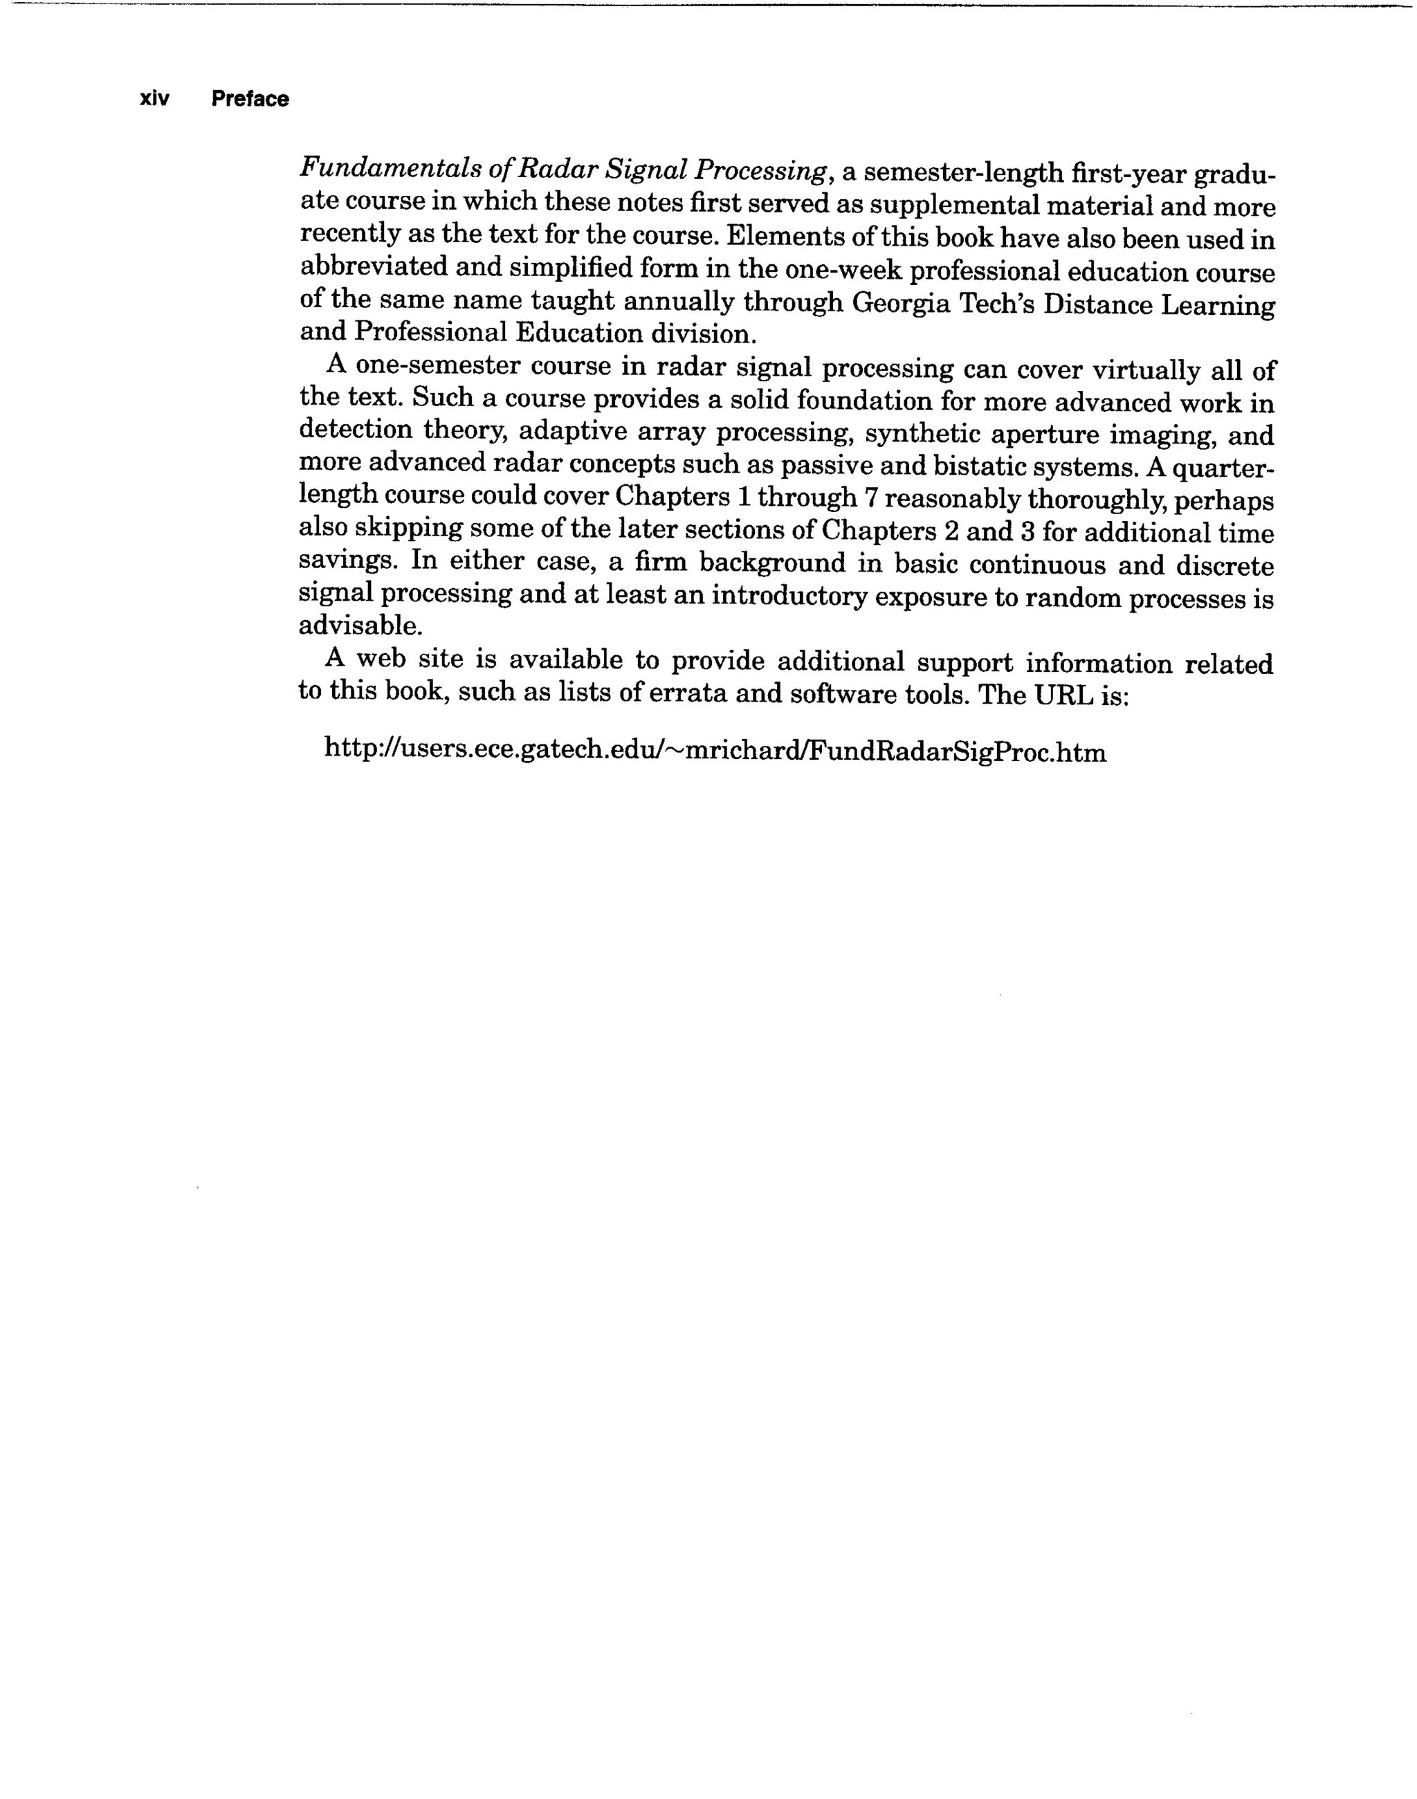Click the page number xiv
pyautogui.click(x=154, y=99)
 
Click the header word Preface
pyautogui.click(x=250, y=99)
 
